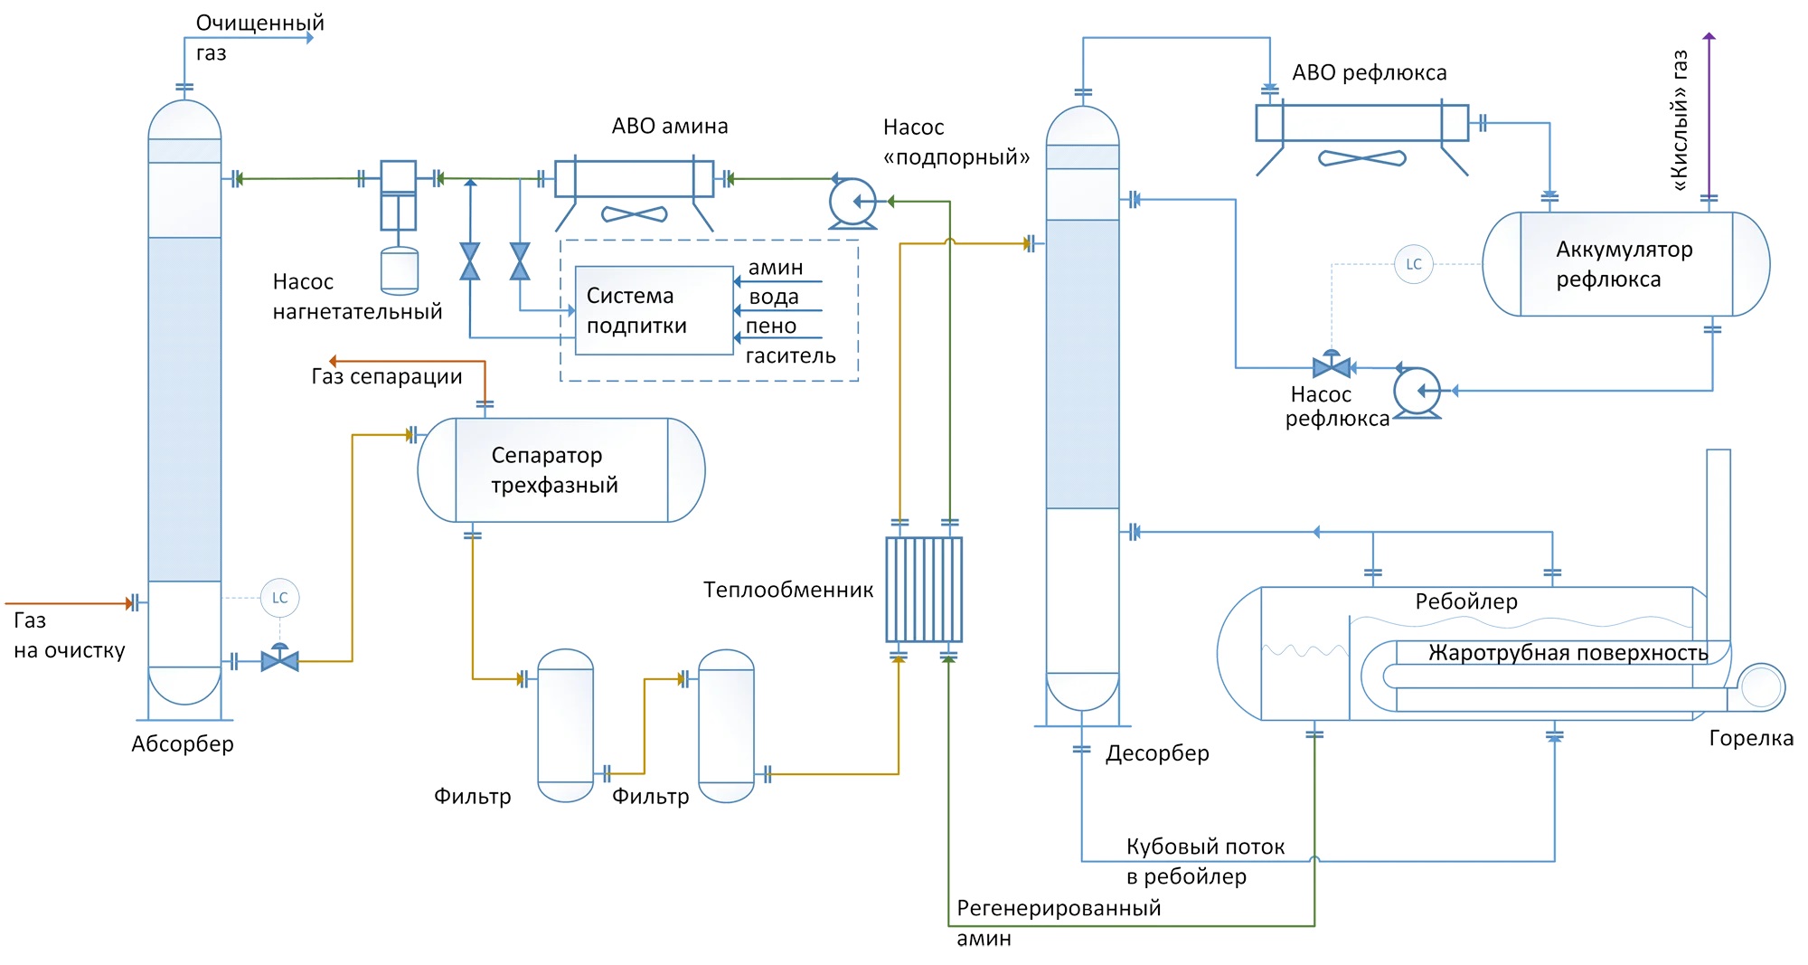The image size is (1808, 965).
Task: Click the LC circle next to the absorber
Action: tap(279, 598)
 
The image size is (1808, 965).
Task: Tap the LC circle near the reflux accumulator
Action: tap(1414, 264)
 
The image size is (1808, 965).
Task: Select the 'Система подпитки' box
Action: tap(654, 310)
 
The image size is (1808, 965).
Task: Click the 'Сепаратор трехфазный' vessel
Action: tap(560, 470)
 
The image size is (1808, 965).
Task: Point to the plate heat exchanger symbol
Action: tap(924, 590)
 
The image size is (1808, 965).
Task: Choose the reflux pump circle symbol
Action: tap(1417, 391)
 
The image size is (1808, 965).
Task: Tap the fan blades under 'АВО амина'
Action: tap(635, 214)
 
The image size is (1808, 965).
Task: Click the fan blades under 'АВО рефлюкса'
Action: tap(1362, 158)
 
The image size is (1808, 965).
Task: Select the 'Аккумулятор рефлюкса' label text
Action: tap(1624, 264)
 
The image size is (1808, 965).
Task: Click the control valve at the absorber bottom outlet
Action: tap(279, 660)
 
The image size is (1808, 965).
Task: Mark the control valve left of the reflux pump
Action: tap(1332, 366)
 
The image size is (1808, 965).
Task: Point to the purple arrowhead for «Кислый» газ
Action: tap(1709, 37)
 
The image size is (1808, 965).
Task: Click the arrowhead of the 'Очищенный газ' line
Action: tap(310, 38)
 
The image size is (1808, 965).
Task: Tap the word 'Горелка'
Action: tap(1750, 738)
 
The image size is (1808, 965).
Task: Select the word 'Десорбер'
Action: tap(1157, 753)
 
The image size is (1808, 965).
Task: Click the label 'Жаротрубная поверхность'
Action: tap(1568, 653)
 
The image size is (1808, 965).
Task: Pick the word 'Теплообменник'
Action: tap(788, 591)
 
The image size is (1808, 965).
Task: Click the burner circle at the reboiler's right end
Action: tap(1760, 687)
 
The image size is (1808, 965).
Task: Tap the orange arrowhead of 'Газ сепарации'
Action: tap(333, 361)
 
